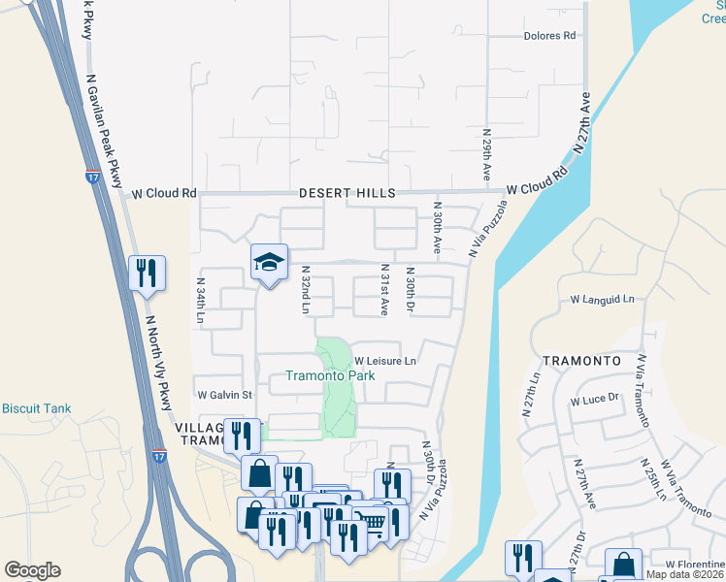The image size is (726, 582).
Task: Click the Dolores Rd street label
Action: click(x=549, y=35)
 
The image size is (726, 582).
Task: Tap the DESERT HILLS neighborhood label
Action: click(x=342, y=193)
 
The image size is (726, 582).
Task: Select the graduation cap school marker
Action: click(x=269, y=262)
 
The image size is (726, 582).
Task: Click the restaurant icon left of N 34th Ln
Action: click(x=147, y=274)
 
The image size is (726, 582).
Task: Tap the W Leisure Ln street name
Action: click(x=384, y=361)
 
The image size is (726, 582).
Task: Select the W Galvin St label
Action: click(x=224, y=395)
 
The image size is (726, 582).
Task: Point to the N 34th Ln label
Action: click(x=201, y=302)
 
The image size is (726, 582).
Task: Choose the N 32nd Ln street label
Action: click(x=305, y=290)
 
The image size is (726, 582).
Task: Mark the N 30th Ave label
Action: click(x=438, y=229)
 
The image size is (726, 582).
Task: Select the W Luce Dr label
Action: click(x=596, y=401)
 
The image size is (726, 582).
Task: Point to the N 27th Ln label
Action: click(x=533, y=396)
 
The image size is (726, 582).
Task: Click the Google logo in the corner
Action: click(x=32, y=570)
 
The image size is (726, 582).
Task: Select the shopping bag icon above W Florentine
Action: click(x=622, y=565)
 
